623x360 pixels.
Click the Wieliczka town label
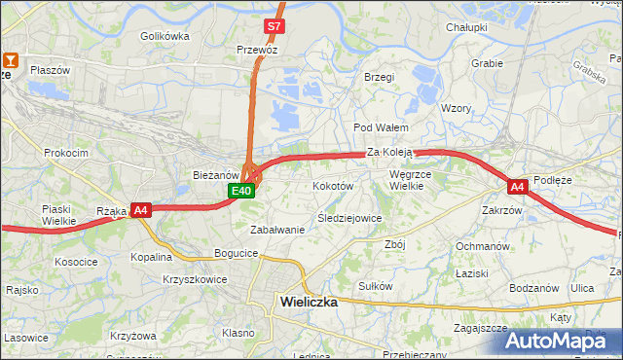point(309,302)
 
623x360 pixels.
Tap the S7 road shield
point(275,26)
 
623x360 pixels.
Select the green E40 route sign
point(242,191)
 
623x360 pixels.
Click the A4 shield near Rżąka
point(141,209)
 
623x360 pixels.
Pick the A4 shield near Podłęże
point(517,185)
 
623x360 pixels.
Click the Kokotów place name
point(332,185)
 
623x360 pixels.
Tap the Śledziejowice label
point(348,218)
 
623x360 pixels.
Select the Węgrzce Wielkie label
point(409,180)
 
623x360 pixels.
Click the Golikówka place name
point(165,36)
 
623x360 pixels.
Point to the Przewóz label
point(258,48)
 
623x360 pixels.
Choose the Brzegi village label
point(378,77)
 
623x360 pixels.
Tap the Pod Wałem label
point(380,127)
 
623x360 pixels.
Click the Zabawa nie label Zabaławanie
point(277,230)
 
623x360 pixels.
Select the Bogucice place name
point(237,253)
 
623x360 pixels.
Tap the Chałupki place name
point(466,27)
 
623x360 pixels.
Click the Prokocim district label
point(66,153)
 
